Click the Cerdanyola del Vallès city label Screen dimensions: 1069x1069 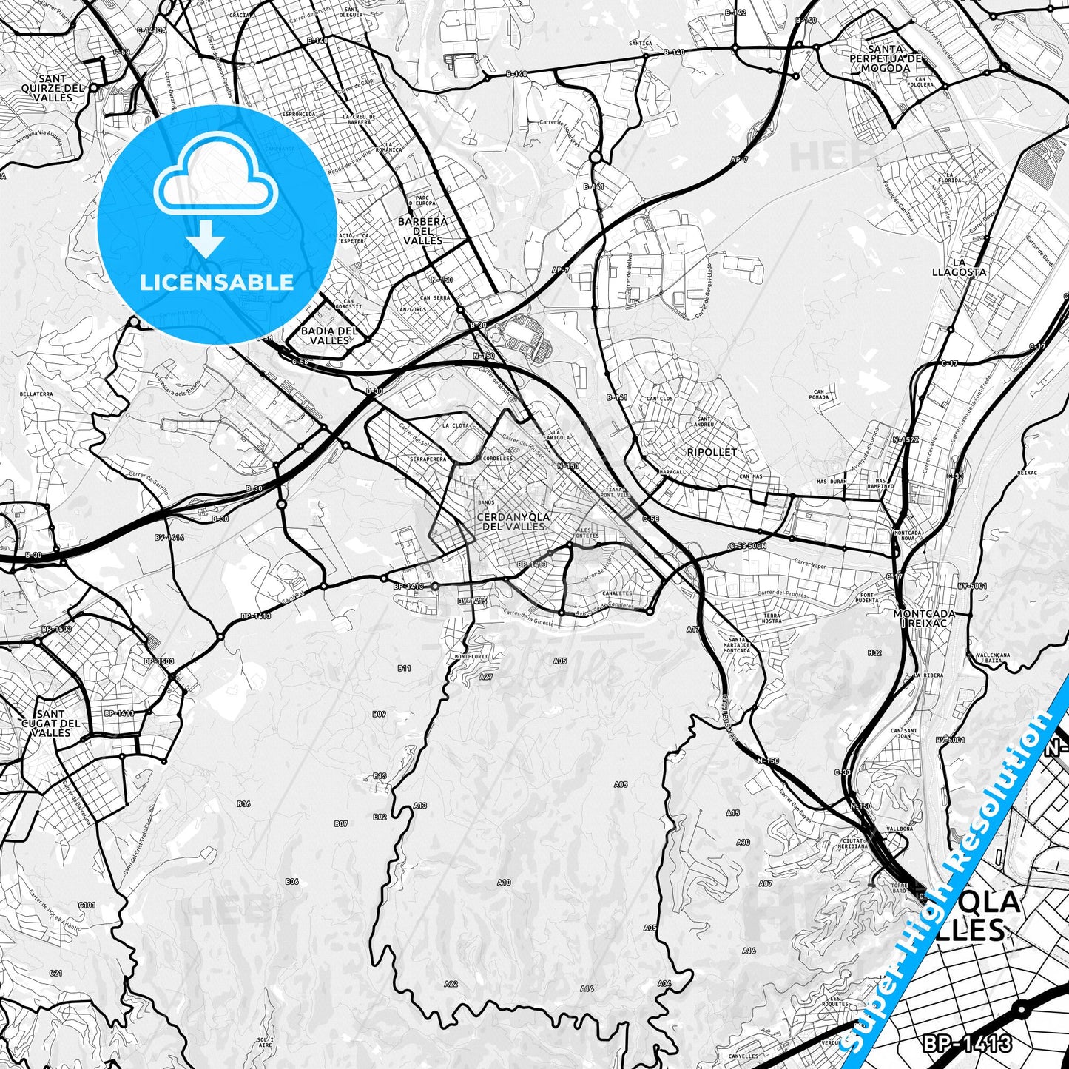coord(513,522)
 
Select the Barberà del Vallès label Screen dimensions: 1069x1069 coord(422,231)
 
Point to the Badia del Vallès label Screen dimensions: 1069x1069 coord(329,336)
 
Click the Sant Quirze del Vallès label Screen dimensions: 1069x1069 coord(53,88)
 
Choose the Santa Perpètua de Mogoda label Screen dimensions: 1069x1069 coord(886,58)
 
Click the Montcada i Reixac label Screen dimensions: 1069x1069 coord(923,618)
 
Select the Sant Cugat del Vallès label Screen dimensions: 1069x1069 coord(50,724)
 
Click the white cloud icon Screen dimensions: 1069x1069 coord(216,178)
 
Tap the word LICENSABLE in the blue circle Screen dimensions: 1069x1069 coord(217,282)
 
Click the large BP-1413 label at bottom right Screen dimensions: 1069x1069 coord(966,1044)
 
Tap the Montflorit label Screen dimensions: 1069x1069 coord(471,656)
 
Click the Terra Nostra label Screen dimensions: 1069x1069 coord(772,618)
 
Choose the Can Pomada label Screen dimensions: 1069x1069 coord(818,395)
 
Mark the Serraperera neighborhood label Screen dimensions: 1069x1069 coord(428,459)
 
